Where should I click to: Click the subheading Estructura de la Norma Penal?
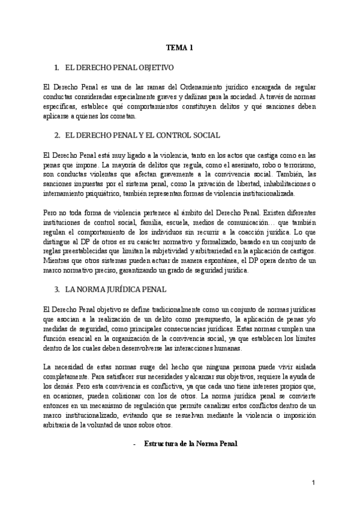pos(187,444)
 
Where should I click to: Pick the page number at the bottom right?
pos(313,483)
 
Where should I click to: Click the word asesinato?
pos(229,164)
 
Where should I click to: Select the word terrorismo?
pos(290,164)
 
